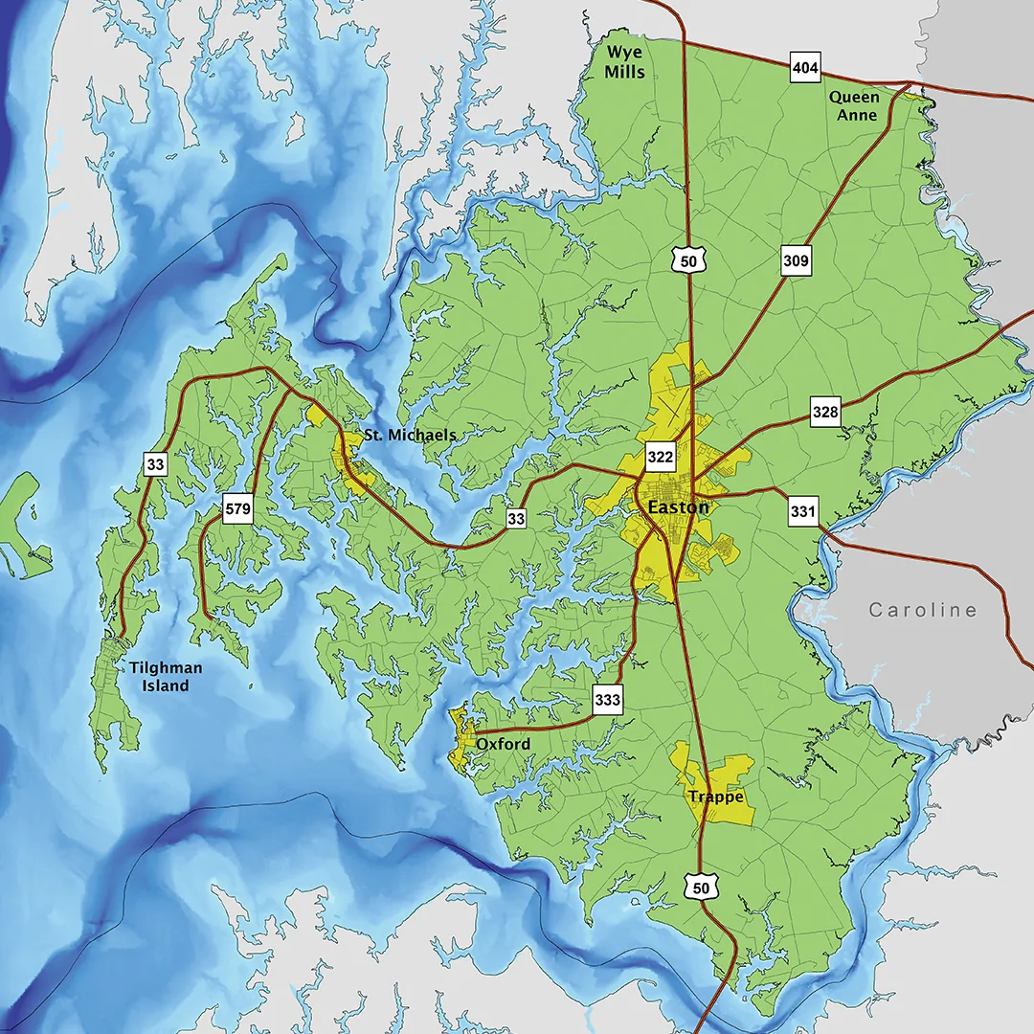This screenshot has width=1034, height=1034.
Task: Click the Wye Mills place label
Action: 624,62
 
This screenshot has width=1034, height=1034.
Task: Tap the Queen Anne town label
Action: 853,105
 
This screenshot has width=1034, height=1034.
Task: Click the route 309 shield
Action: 796,260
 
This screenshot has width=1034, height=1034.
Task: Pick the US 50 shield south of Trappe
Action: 702,888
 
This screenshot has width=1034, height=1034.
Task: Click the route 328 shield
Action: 825,413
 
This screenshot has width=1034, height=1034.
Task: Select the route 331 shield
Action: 803,511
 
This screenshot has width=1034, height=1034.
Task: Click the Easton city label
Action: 678,507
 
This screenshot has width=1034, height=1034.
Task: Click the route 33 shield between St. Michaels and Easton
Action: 516,518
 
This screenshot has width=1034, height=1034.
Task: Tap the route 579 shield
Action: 237,508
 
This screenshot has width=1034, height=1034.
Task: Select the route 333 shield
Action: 607,699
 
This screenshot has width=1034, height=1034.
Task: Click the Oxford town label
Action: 503,743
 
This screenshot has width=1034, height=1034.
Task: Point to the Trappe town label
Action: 715,797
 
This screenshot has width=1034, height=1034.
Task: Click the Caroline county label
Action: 923,610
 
